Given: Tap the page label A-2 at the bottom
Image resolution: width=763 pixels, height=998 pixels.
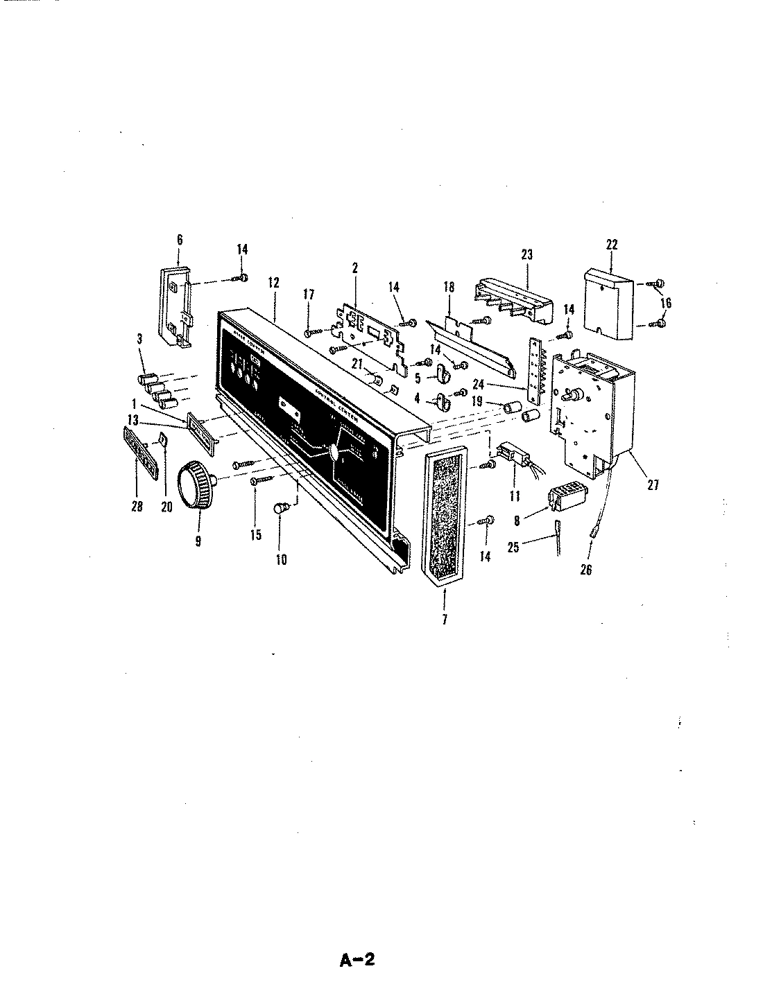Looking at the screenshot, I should (x=357, y=960).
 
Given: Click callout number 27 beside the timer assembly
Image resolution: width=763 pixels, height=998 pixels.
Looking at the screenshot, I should (x=653, y=485).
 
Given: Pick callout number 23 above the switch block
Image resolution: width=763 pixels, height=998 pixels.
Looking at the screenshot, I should (x=526, y=254).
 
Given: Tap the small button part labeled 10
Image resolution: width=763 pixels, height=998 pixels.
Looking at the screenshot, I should (x=282, y=509).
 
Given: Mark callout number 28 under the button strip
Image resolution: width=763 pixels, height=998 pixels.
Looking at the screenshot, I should (x=137, y=507).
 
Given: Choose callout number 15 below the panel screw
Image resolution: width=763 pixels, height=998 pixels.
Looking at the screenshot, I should (x=257, y=536).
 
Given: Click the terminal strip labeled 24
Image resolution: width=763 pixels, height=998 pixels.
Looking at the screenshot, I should (x=535, y=374).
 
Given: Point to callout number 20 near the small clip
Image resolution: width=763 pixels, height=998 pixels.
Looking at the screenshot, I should (x=166, y=507).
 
